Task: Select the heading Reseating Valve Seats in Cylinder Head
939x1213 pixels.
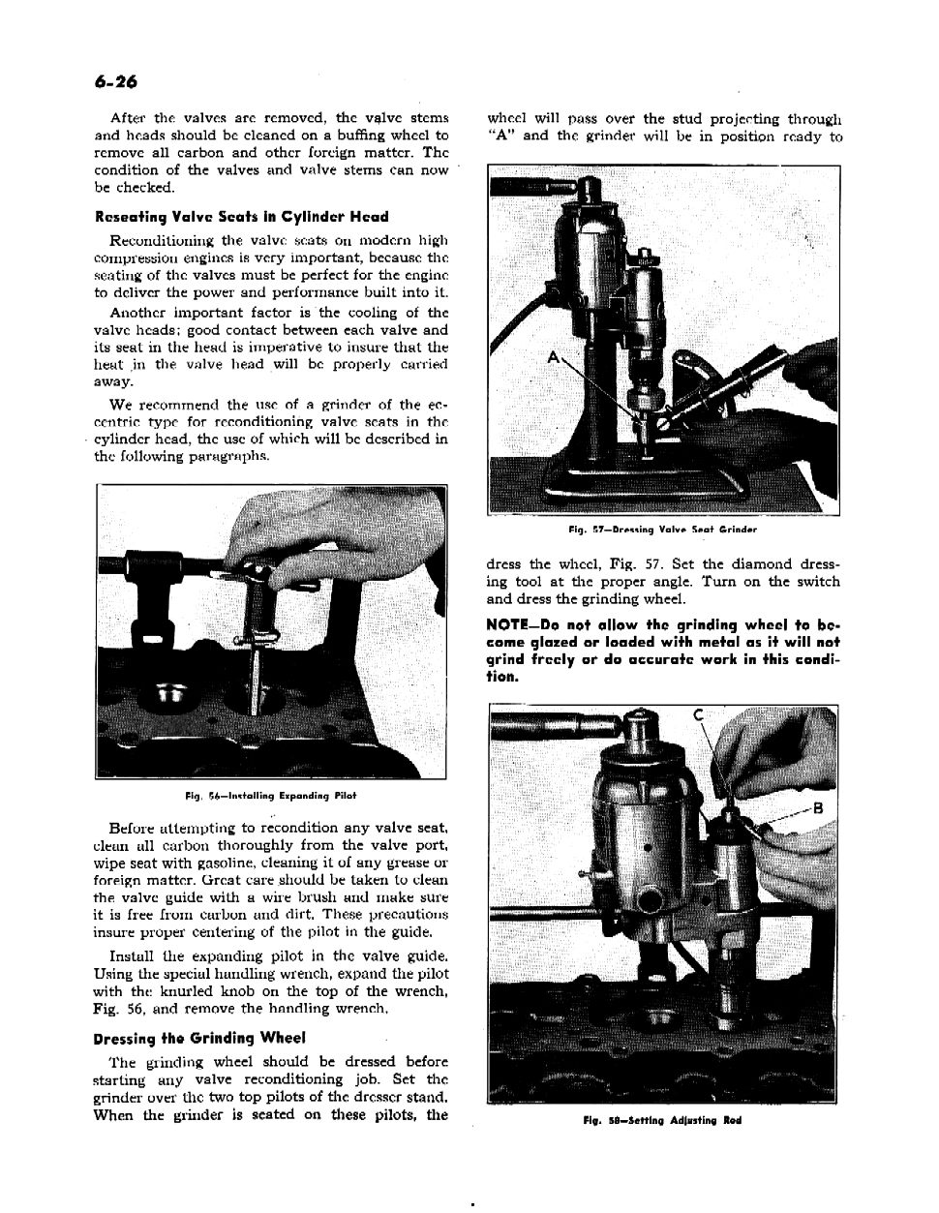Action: (241, 217)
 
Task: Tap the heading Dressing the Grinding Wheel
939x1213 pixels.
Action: (199, 1039)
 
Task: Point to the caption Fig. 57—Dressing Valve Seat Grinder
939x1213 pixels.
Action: (663, 530)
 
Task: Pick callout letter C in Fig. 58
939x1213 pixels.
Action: (697, 716)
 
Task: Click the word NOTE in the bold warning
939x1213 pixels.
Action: (508, 624)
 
